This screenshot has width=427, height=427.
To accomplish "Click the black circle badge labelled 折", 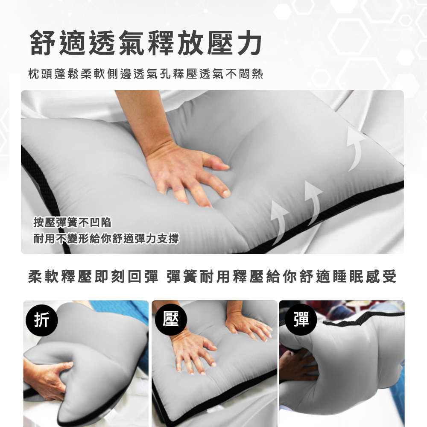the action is [42, 320].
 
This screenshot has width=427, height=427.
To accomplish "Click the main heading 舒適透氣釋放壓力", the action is [146, 43].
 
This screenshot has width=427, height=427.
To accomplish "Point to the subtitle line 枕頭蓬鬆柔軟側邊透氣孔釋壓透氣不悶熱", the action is [146, 74].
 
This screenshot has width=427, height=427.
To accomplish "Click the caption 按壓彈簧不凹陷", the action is [73, 222].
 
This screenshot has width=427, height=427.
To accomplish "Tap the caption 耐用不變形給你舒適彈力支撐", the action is [106, 239].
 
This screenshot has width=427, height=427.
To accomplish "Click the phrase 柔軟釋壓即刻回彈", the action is [93, 277].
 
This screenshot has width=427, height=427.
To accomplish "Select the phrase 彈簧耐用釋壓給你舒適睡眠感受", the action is [281, 277].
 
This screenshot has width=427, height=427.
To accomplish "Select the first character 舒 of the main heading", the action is [43, 43].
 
